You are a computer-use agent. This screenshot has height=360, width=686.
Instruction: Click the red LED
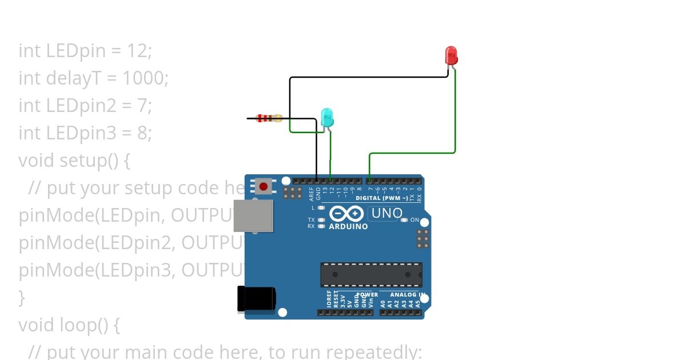coord(451,55)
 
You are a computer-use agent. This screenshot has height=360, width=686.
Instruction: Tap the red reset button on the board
coord(263,186)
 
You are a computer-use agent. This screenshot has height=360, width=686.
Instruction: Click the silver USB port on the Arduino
coord(253,215)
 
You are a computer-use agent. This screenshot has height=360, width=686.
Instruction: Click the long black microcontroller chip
coord(371,274)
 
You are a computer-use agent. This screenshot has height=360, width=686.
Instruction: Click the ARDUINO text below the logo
coord(348,227)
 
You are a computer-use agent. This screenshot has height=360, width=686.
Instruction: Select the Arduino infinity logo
coord(346,214)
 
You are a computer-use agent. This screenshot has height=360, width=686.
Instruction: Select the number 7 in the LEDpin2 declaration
coord(143,106)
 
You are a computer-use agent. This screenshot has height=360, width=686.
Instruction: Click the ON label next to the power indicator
coord(414,220)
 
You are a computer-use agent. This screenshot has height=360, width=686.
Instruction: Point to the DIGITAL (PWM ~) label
coord(382,198)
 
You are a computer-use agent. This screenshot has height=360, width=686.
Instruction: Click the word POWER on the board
coord(368,295)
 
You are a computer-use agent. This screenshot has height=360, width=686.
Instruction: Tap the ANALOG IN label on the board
coord(407,295)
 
